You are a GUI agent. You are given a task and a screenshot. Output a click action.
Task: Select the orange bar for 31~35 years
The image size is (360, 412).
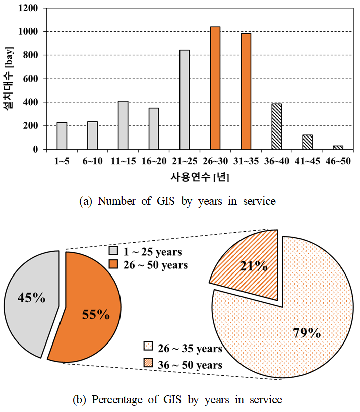point(246,91)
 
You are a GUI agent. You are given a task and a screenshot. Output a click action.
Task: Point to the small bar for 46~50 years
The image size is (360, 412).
point(338,147)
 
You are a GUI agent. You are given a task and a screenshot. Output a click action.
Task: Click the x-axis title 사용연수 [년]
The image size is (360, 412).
point(200,176)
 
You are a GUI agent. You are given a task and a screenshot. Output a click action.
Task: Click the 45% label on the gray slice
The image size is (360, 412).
point(31,298)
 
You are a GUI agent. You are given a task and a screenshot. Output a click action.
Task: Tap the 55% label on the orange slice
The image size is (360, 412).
point(95,315)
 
